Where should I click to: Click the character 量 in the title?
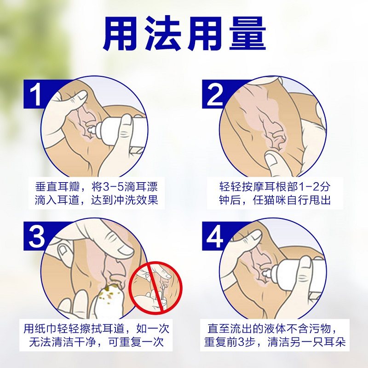pos(247,34)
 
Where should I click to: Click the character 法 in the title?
pos(162,34)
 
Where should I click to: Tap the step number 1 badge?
pos(36,94)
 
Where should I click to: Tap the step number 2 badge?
pos(215,94)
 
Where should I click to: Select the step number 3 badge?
pos(36,236)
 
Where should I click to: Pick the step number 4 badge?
pos(215,236)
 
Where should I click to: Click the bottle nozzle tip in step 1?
pos(89,130)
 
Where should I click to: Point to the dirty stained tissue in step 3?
pos(108,296)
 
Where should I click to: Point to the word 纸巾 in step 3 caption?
pos(46,329)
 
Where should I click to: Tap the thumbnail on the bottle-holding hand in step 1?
pos(126,121)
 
